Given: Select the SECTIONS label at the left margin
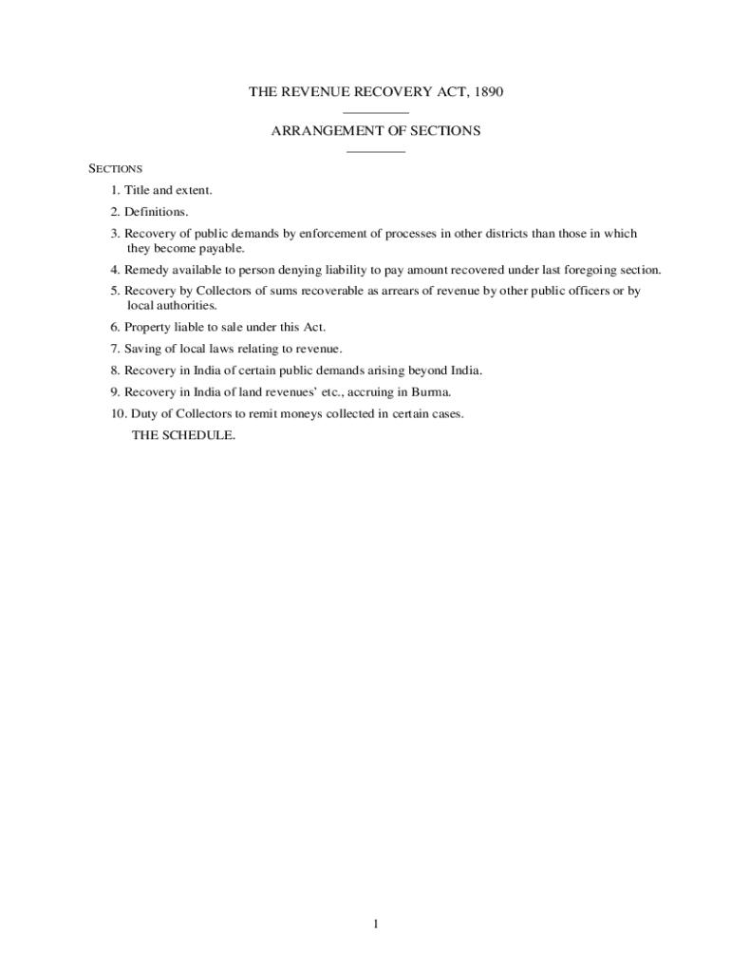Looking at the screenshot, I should click(116, 168).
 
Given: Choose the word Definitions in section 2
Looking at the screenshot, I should click(157, 212).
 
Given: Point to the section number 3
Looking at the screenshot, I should click(114, 234).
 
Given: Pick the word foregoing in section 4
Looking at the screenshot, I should click(587, 270).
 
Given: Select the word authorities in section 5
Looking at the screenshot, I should click(185, 306).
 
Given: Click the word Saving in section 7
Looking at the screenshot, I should click(142, 349).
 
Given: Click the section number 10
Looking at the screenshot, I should click(116, 414).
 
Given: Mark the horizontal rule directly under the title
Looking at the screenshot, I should click(376, 113).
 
